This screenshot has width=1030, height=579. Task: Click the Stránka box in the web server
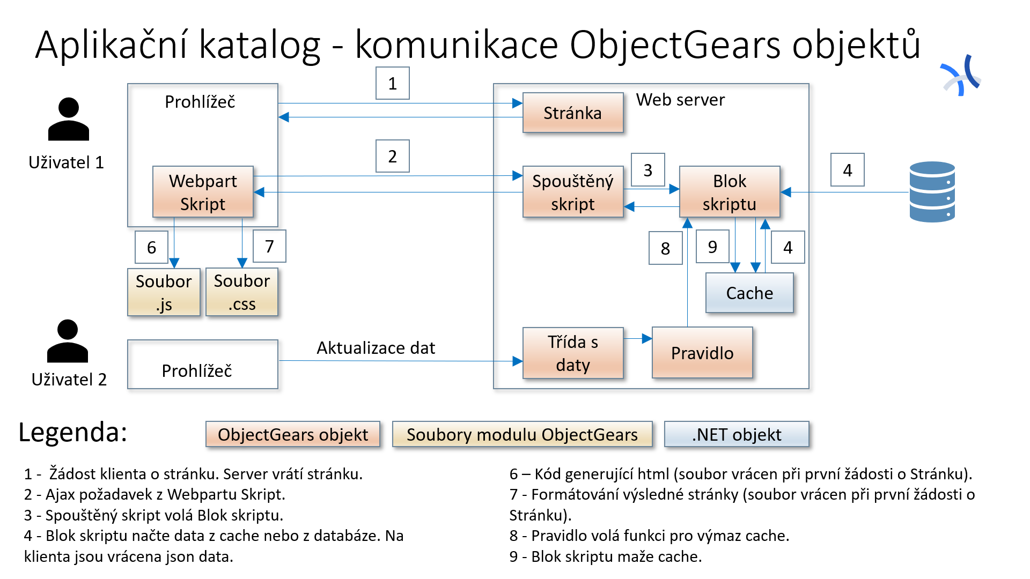coord(573,113)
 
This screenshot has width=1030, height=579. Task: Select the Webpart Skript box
coord(203,192)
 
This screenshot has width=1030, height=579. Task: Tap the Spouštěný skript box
coord(573,192)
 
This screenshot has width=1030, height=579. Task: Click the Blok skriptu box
coord(730,192)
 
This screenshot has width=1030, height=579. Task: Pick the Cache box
coord(749,293)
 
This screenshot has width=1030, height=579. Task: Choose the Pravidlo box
coord(702,353)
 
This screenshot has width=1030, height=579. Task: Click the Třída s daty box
coord(573,353)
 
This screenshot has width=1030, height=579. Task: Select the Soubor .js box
coord(164,292)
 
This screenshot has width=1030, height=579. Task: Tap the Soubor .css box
coord(242,292)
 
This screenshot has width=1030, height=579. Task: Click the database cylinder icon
coord(932,192)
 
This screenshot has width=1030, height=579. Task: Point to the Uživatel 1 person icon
coord(68,119)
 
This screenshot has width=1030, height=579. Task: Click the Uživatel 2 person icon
coord(68,341)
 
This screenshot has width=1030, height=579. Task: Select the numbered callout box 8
coord(665,248)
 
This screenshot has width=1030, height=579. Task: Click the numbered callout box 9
coord(712,247)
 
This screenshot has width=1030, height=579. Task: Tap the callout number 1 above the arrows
coord(393,83)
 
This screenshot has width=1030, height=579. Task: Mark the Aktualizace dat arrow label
coord(376,348)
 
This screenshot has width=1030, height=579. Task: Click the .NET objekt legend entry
coord(737,434)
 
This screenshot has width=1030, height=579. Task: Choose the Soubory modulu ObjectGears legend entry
coord(522,434)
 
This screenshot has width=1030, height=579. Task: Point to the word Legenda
coord(73,432)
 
